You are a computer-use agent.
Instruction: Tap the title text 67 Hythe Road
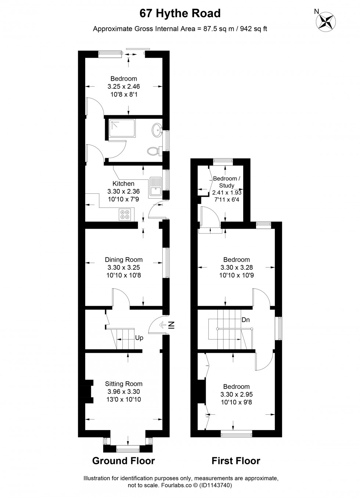pos(180,14)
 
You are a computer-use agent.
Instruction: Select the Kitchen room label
pos(123,183)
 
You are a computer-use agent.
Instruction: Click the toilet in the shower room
pos(153,151)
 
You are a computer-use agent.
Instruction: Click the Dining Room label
pos(124,260)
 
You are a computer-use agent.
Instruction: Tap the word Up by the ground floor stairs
pos(139,338)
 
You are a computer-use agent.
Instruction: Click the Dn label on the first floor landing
pos(245,320)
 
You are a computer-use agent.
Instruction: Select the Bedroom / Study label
pos(227,182)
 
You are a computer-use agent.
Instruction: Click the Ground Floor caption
pos(123,461)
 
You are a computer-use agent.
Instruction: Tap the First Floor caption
pos(236,461)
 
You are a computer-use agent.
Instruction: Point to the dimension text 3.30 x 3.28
pos(237,268)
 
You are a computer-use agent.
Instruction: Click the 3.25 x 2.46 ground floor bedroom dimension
pos(124,87)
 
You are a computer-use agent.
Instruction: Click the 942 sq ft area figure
pos(253,29)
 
